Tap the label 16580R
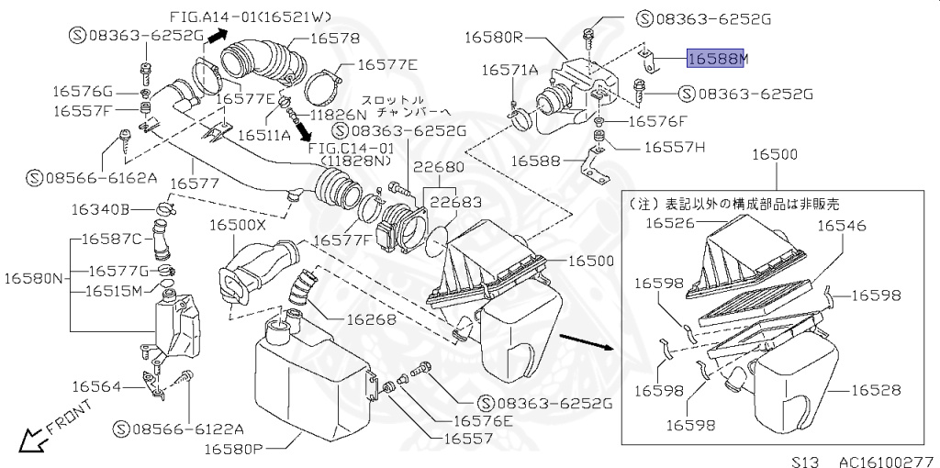493,38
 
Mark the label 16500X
237,224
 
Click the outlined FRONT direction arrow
35,441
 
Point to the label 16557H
675,146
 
